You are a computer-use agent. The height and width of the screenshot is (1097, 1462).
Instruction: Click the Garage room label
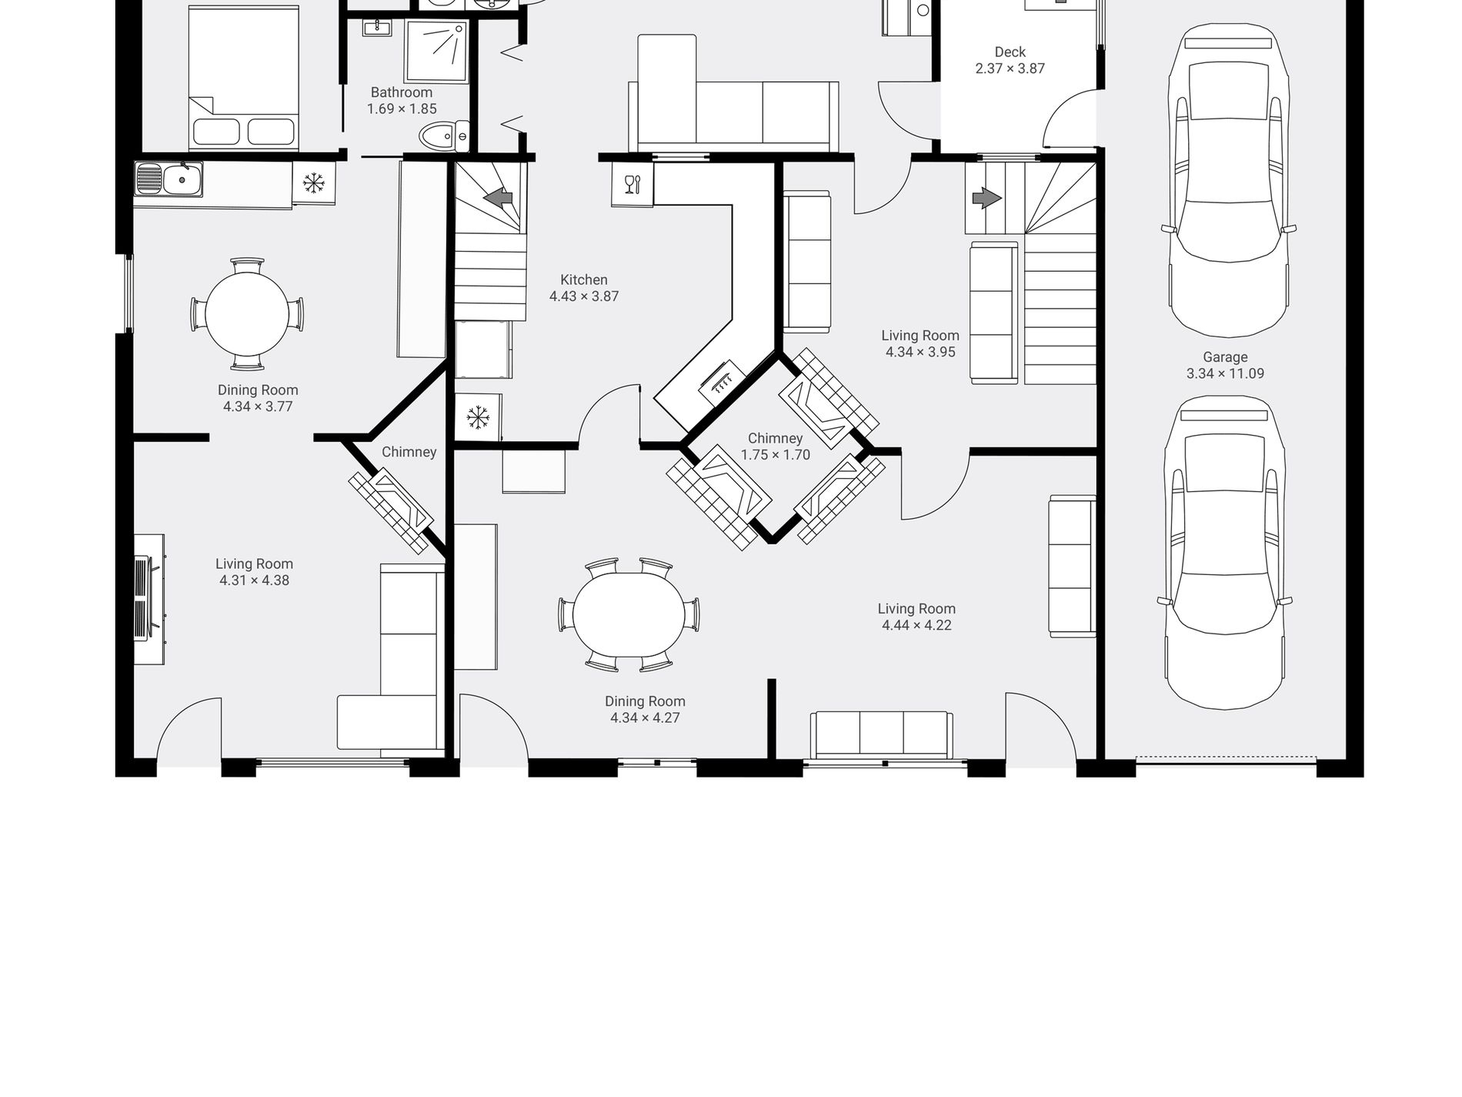pyautogui.click(x=1225, y=357)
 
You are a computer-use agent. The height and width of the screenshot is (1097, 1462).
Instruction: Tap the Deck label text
pyautogui.click(x=1010, y=52)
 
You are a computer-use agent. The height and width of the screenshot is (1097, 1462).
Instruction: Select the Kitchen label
pyautogui.click(x=584, y=280)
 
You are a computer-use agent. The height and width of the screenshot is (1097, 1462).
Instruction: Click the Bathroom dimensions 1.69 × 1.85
pyautogui.click(x=402, y=109)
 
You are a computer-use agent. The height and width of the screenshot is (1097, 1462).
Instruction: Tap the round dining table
pyautogui.click(x=247, y=314)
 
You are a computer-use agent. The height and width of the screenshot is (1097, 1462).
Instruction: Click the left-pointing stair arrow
pyautogui.click(x=499, y=198)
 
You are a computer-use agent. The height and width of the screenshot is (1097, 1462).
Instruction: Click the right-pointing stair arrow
pyautogui.click(x=987, y=199)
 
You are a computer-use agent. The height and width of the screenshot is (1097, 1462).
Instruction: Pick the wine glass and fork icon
pyautogui.click(x=633, y=185)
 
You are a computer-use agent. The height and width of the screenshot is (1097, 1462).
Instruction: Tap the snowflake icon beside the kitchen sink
pyautogui.click(x=313, y=183)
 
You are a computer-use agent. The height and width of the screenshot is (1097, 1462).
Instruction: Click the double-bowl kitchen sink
pyautogui.click(x=169, y=179)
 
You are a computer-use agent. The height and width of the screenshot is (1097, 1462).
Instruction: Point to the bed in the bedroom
pyautogui.click(x=243, y=78)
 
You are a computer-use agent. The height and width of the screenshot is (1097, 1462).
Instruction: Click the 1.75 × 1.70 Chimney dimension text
pyautogui.click(x=776, y=455)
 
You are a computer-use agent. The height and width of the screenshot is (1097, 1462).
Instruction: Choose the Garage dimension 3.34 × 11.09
pyautogui.click(x=1225, y=373)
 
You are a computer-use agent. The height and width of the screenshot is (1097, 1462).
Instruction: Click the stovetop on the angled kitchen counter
pyautogui.click(x=721, y=379)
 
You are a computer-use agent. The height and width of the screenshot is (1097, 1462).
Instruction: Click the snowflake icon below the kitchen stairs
pyautogui.click(x=478, y=418)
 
